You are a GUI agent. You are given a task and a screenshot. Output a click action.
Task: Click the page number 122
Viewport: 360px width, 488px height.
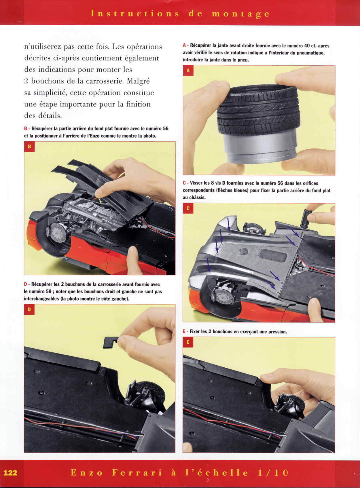coord(10,472)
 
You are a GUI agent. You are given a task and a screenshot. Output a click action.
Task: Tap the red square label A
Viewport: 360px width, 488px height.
coord(188,71)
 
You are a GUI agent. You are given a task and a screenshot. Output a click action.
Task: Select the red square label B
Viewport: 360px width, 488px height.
coord(29,147)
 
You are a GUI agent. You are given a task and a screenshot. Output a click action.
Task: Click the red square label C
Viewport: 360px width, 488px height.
coord(188,208)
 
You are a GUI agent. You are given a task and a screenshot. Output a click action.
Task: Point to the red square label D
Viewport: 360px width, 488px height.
coord(29,309)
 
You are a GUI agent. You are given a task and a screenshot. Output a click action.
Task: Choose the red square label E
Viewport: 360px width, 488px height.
coord(188,343)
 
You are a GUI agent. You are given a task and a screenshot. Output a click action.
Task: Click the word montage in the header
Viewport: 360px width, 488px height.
coord(240,14)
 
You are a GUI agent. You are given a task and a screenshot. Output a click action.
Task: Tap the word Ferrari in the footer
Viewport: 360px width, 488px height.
coord(137,472)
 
